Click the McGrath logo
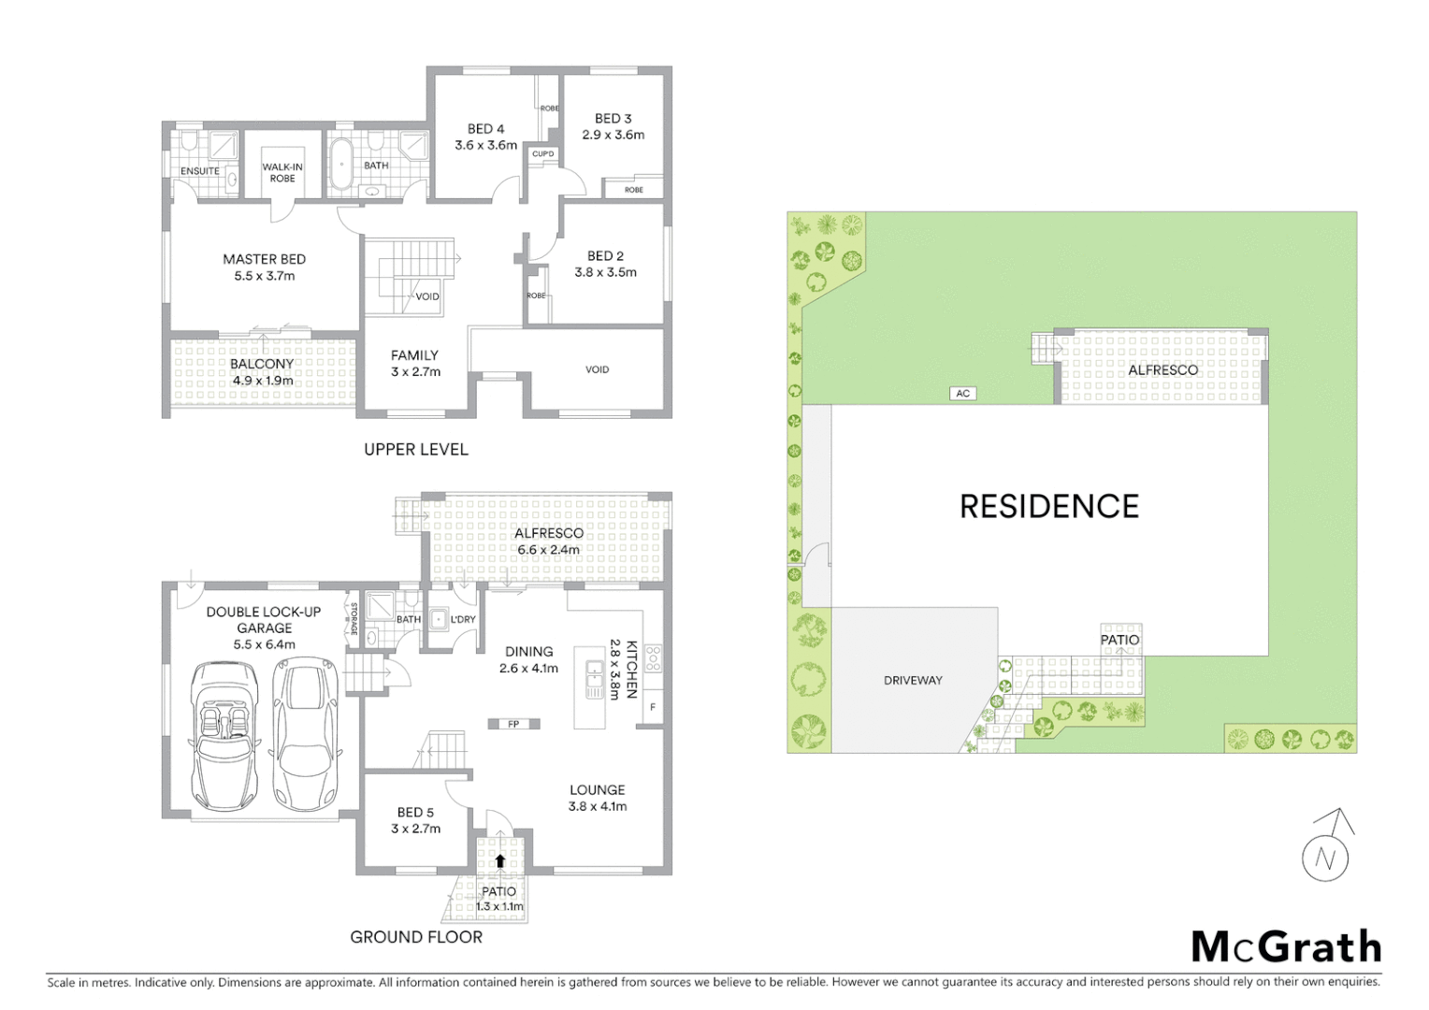(1286, 947)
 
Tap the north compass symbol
(1326, 849)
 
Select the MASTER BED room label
(264, 259)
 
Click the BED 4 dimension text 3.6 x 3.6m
(485, 145)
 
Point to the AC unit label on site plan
(962, 394)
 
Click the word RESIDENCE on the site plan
(1048, 507)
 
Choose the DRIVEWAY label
(913, 680)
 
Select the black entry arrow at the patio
(500, 861)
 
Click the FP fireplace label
(513, 724)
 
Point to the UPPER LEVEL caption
(416, 450)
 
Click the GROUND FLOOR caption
(416, 937)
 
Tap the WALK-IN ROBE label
(282, 173)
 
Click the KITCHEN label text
(632, 670)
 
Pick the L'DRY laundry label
(463, 619)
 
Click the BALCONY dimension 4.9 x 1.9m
(262, 381)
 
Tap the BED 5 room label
(415, 813)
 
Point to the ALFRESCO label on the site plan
(1162, 370)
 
